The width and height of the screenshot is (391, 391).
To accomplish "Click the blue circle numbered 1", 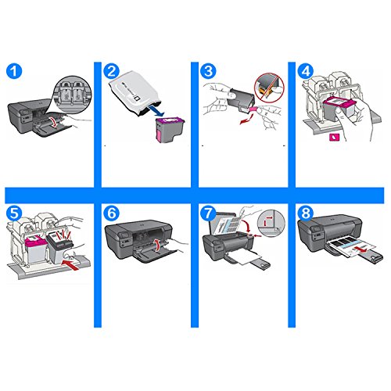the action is coord(14,71).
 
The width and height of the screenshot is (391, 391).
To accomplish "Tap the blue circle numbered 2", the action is coord(112,71).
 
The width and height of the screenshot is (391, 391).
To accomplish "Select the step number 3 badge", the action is coord(209,71).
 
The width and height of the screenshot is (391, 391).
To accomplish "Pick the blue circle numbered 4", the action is coord(306,71).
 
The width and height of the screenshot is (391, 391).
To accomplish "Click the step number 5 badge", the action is coord(14,213).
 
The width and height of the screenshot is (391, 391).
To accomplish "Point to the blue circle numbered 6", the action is coord(112,213).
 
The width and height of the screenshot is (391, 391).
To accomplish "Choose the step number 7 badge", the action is coord(209,213).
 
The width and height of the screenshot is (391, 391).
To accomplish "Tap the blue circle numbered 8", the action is coord(306,213).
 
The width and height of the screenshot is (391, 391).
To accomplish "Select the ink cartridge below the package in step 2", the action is coord(170,130).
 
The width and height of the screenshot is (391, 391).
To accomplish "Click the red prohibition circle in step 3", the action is coord(270,87).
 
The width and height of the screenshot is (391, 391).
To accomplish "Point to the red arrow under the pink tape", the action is coord(246,119).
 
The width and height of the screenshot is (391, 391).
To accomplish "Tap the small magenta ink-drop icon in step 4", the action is coord(334,137).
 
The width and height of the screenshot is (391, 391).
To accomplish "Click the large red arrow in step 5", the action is coord(70,263).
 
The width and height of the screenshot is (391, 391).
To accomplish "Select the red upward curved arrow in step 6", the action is coord(157,245).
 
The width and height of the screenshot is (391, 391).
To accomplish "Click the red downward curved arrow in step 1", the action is coord(54,122).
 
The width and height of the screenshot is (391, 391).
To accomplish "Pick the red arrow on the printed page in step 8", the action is coord(362,250).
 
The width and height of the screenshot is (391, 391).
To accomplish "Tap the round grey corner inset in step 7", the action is coord(271,223).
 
